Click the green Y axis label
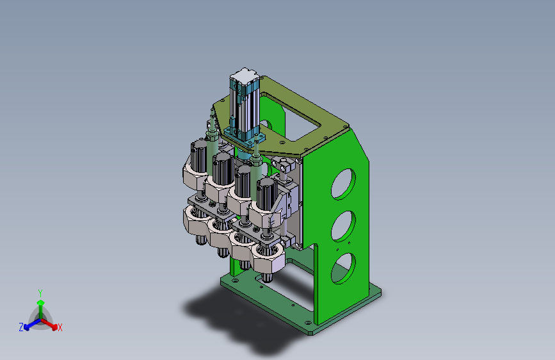(40, 293)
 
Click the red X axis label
(60, 328)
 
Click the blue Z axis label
(21, 327)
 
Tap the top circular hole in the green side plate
(343, 184)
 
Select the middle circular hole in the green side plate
(343, 226)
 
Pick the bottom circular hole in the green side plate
(343, 268)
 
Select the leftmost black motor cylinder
(199, 156)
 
